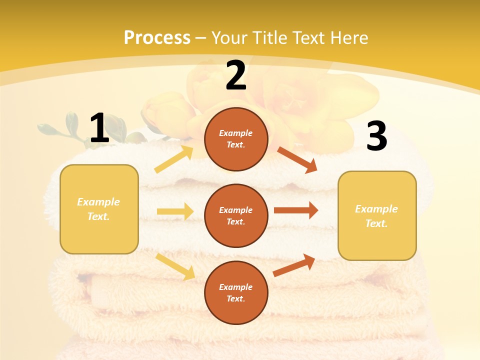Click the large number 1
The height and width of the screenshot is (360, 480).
point(99,128)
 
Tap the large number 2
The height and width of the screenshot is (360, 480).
point(236,76)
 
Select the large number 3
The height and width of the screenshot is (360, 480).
point(376,136)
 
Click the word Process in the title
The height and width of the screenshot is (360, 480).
point(157,37)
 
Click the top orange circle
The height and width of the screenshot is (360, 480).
point(236,139)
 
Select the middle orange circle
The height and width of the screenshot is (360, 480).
point(236,215)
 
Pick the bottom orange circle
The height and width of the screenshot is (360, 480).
point(236,292)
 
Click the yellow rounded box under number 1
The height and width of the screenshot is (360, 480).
point(99,209)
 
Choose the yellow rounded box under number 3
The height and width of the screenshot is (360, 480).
point(377,215)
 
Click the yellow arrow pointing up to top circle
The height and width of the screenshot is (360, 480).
point(174,159)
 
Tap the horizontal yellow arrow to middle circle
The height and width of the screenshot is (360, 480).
point(175,211)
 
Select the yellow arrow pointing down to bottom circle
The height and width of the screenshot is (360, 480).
point(175,266)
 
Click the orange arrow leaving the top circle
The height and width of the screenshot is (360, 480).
point(297,160)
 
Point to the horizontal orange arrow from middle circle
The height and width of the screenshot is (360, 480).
point(296,210)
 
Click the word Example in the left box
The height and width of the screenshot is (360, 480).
point(98,202)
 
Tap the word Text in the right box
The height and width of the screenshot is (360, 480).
point(376,223)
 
